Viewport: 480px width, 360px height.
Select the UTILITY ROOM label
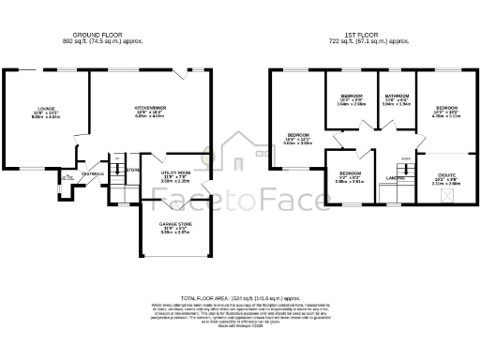pyautogui.click(x=175, y=172)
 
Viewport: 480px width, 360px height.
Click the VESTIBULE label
pyautogui.click(x=92, y=173)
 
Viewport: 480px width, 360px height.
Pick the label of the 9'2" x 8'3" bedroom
pyautogui.click(x=350, y=173)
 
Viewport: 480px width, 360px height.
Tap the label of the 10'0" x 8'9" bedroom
pyautogui.click(x=352, y=97)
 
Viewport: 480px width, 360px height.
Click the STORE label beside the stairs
pyautogui.click(x=133, y=170)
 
